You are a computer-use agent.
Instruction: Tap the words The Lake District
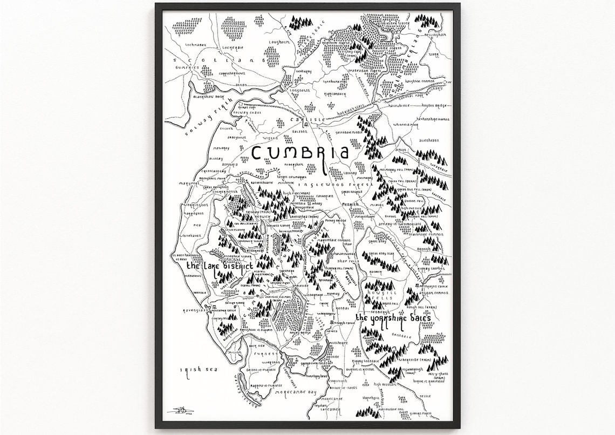(220, 267)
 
